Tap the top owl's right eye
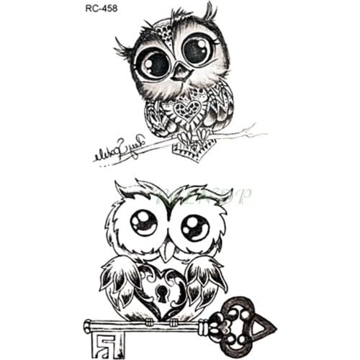(x=197, y=50)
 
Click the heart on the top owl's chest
(x=189, y=109)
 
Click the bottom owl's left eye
(x=145, y=222)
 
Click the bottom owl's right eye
(x=194, y=228)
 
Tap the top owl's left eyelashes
(x=122, y=50)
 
